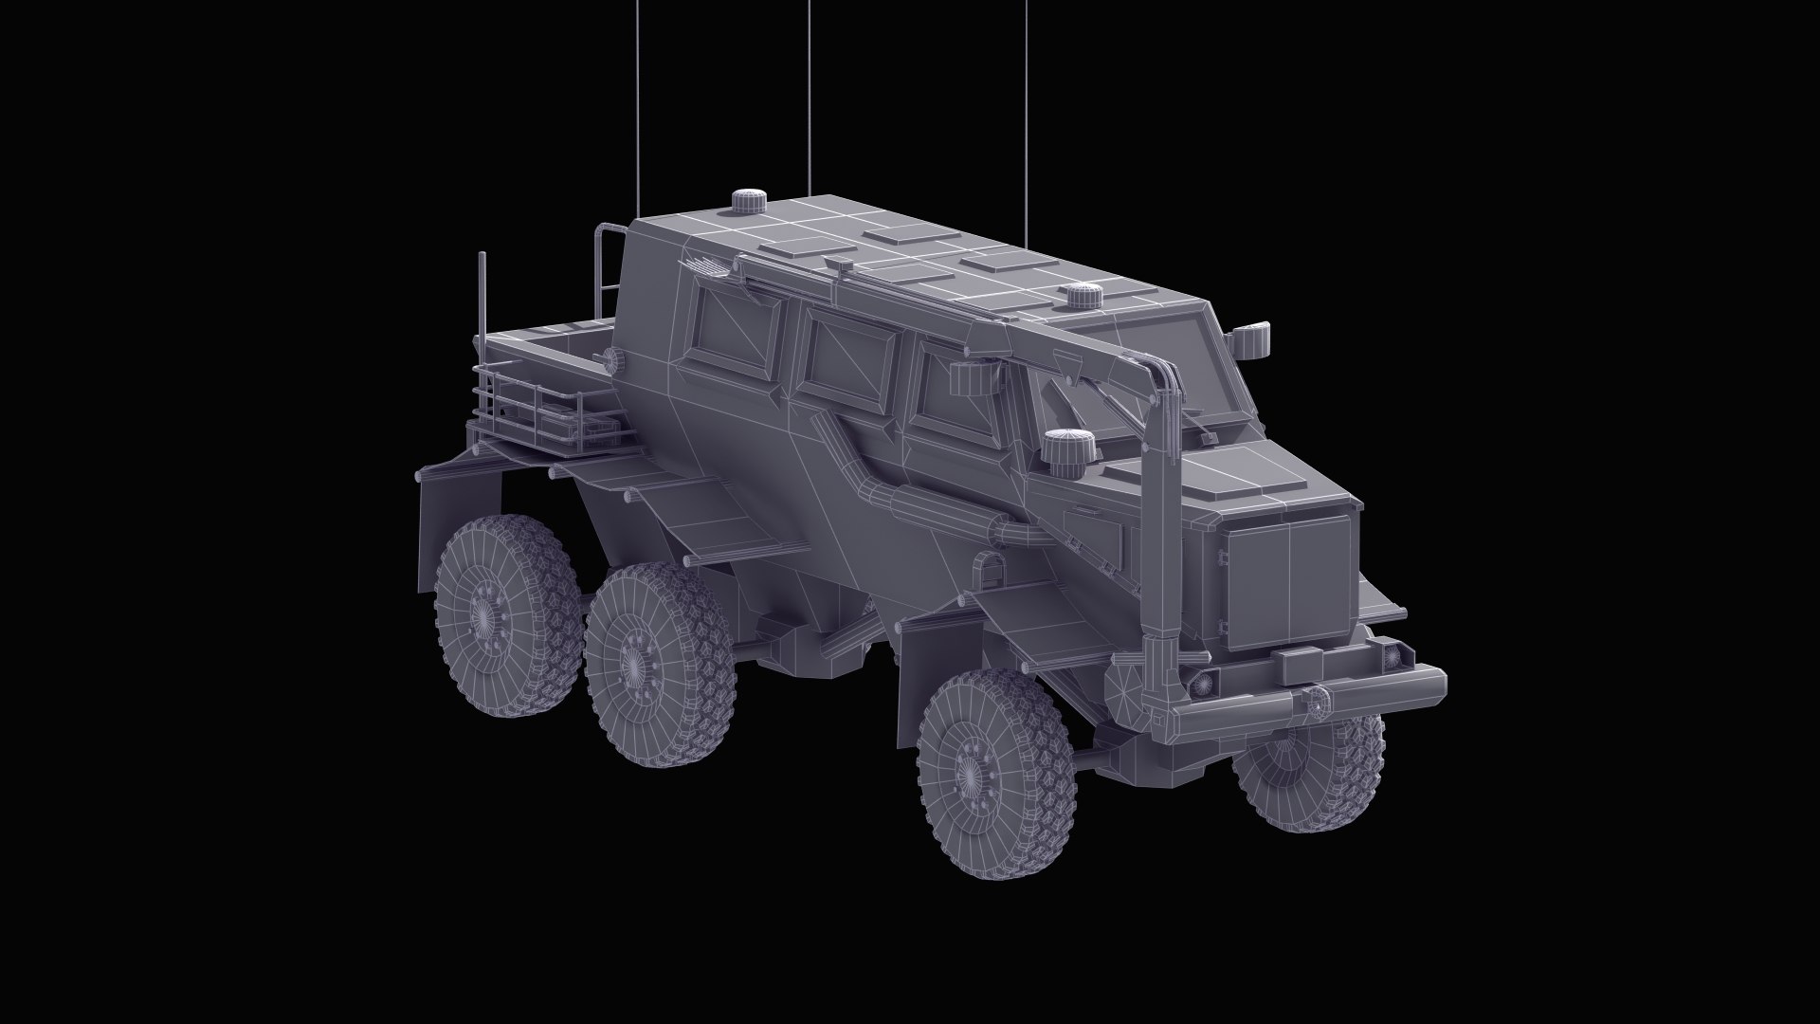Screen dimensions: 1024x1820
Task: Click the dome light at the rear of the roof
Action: point(750,201)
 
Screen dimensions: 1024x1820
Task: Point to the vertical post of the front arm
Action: point(1159,531)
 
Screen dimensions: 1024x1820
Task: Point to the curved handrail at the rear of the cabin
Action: point(603,275)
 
